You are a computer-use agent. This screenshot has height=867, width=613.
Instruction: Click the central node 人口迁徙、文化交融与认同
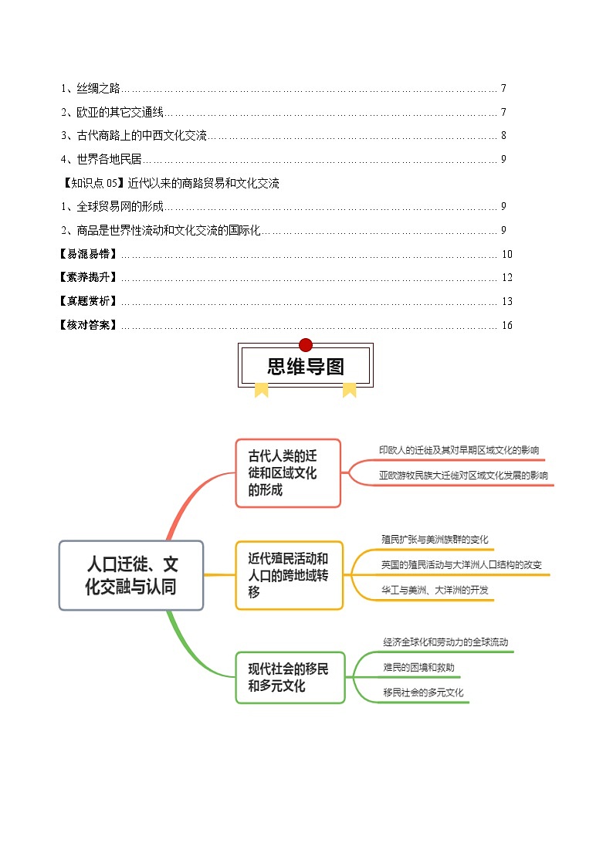(x=131, y=576)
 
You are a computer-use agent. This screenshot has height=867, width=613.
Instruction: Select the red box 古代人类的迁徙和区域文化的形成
(x=287, y=472)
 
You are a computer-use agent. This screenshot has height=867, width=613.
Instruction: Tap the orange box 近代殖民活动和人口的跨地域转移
(x=288, y=575)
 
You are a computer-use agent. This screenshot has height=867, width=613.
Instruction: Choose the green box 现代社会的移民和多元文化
(x=290, y=677)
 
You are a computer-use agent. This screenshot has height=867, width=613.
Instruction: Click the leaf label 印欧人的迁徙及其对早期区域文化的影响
(x=459, y=450)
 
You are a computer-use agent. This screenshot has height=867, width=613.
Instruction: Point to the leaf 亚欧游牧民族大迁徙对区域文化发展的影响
(x=463, y=476)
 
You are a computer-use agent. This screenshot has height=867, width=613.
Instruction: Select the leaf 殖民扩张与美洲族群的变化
(x=435, y=539)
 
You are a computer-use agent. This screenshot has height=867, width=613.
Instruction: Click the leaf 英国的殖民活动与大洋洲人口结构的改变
(x=461, y=565)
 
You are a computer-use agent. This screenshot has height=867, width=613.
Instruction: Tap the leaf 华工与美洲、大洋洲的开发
(x=435, y=591)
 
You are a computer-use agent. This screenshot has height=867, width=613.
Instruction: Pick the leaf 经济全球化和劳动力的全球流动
(x=445, y=642)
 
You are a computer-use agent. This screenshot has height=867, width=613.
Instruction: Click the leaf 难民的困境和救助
(x=418, y=667)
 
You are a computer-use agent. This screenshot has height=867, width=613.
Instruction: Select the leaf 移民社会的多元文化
(x=423, y=693)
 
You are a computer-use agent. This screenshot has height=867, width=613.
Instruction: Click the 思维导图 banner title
(x=306, y=366)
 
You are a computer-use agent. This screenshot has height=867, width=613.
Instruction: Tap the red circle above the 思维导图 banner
(x=306, y=345)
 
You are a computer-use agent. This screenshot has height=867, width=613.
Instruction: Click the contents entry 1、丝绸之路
(x=91, y=89)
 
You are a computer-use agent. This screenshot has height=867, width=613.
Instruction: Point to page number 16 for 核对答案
(x=506, y=325)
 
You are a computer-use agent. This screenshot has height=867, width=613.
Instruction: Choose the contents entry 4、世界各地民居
(x=102, y=160)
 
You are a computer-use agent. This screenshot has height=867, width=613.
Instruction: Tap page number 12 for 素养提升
(x=506, y=278)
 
